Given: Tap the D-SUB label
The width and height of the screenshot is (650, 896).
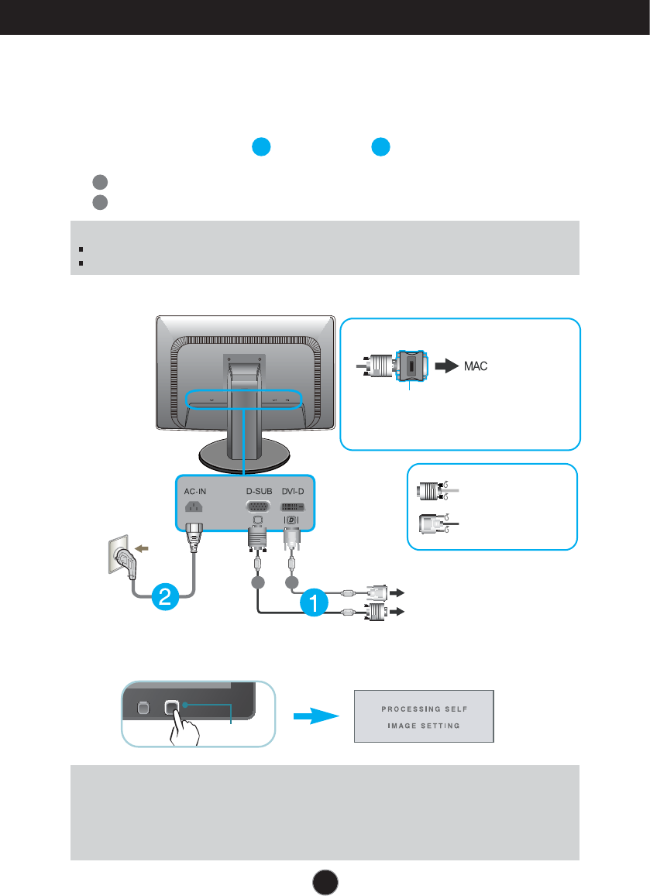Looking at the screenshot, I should (260, 491).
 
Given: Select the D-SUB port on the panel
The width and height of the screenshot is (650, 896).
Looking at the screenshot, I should (259, 507).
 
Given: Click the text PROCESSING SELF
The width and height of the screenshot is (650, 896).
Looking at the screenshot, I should (424, 709).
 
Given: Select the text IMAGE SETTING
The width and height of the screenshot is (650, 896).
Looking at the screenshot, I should (424, 726).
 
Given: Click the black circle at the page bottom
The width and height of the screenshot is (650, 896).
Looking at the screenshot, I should (325, 882).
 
